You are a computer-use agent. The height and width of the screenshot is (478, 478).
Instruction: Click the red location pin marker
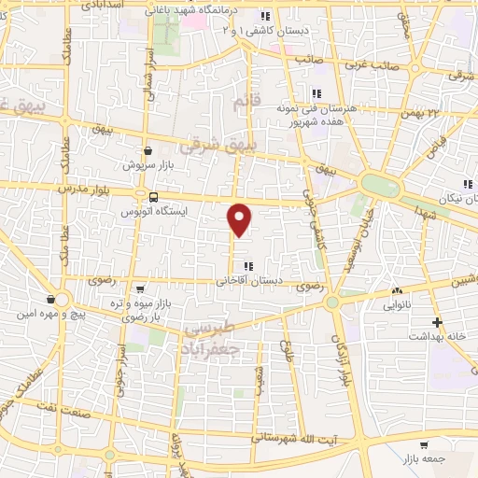[x=240, y=218]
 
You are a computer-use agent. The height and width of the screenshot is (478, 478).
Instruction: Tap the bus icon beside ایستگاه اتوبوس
[x=152, y=196]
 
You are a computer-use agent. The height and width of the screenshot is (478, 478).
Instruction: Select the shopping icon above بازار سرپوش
[x=148, y=149]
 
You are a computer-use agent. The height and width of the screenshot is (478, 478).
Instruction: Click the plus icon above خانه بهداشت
[x=437, y=321]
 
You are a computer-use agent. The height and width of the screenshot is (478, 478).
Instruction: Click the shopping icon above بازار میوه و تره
[x=139, y=288]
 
